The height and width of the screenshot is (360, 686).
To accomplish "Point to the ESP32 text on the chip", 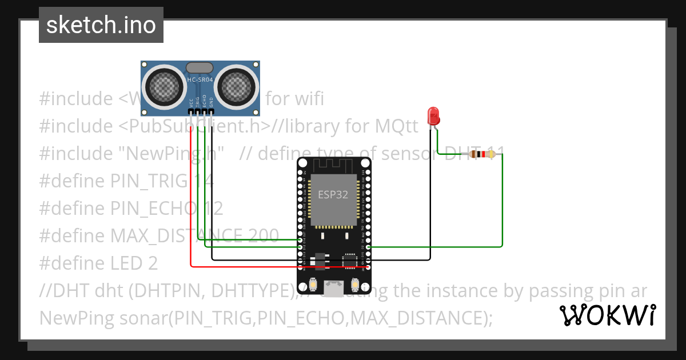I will pyautogui.click(x=333, y=194).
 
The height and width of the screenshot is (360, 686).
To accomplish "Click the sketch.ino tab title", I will pyautogui.click(x=101, y=25).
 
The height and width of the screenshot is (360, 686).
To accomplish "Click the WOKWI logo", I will pyautogui.click(x=607, y=315).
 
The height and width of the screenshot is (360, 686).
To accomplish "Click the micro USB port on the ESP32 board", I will pyautogui.click(x=334, y=286).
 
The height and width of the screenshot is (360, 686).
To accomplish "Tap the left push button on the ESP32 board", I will pyautogui.click(x=313, y=284).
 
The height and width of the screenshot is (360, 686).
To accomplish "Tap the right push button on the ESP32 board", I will pyautogui.click(x=355, y=284).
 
